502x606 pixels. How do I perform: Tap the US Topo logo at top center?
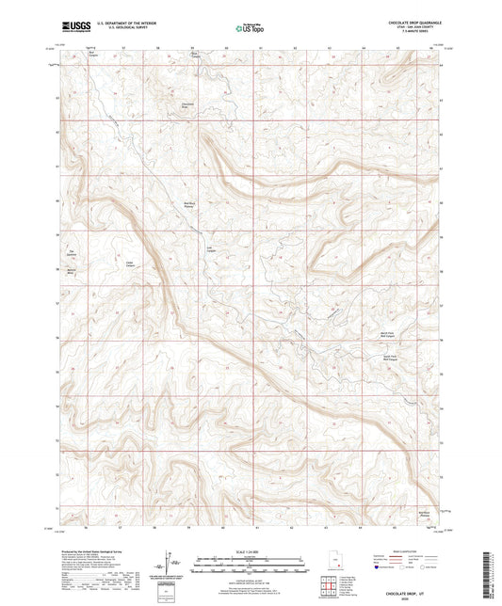point(247,29)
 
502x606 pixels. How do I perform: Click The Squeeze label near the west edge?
point(70,252)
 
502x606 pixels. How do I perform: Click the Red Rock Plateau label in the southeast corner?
point(425,514)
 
